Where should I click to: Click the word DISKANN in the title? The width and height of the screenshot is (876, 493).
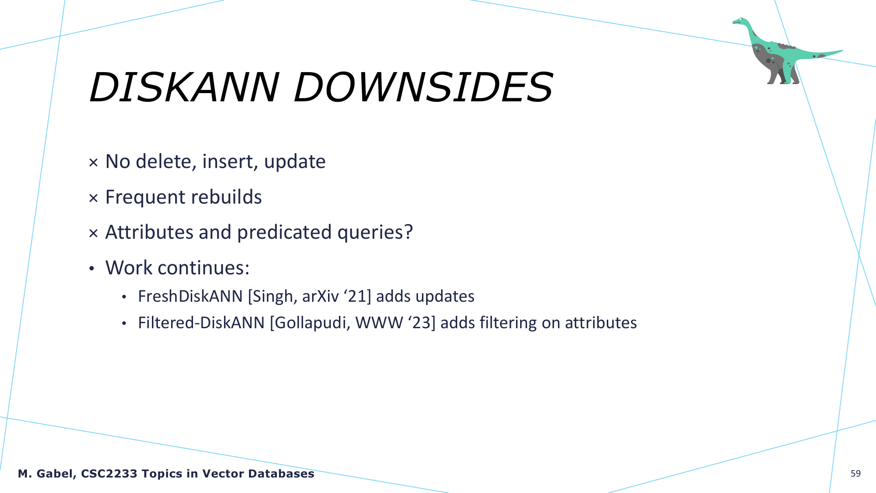[184, 87]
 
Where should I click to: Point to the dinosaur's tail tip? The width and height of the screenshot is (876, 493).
[841, 51]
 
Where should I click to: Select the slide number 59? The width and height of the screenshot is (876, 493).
[855, 474]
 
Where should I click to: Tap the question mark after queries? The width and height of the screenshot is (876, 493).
[408, 232]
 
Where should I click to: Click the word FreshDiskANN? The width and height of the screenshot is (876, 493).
[190, 296]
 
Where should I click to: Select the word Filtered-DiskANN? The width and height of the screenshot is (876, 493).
[201, 323]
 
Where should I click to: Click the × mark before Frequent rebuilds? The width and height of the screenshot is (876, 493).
[94, 198]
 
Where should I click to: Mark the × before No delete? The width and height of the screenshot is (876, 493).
[94, 163]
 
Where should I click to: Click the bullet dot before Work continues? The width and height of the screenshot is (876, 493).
[92, 268]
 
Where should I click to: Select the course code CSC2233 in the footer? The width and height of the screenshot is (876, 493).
[109, 474]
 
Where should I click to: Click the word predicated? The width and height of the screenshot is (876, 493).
[285, 232]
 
